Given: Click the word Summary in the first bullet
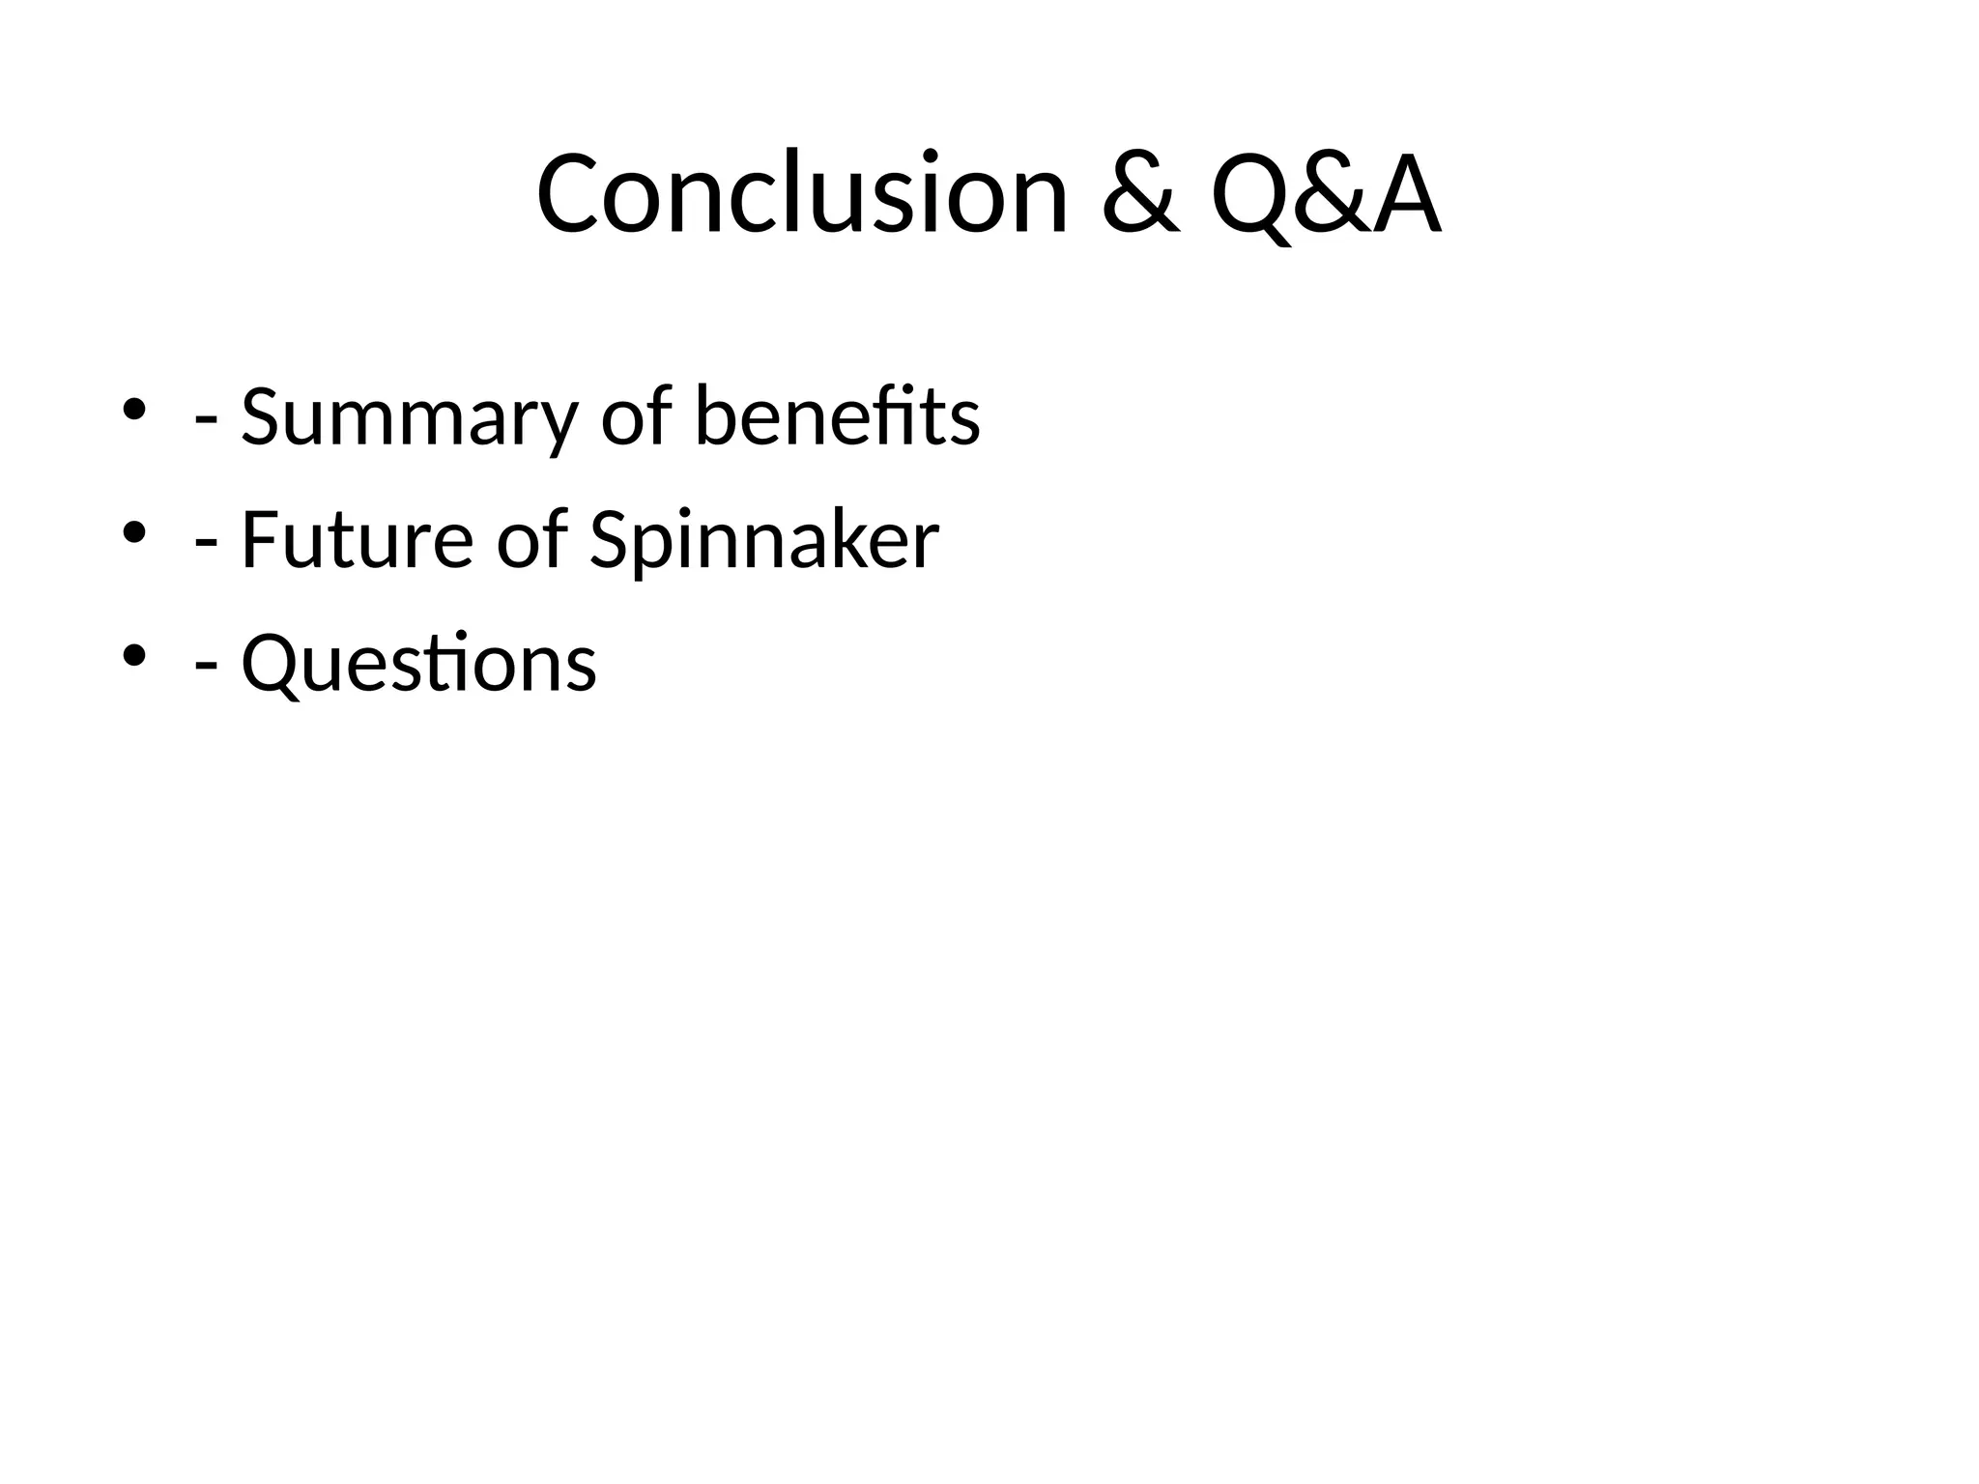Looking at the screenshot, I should pyautogui.click(x=408, y=417).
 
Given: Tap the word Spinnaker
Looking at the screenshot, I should pyautogui.click(x=763, y=541).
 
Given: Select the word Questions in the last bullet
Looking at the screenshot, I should pyautogui.click(x=418, y=663).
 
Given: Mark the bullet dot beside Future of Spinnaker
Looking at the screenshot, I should pyautogui.click(x=134, y=532).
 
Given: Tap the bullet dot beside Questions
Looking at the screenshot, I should pyautogui.click(x=134, y=656).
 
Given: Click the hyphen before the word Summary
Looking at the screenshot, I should pyautogui.click(x=205, y=421).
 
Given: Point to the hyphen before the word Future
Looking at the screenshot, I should pyautogui.click(x=205, y=545).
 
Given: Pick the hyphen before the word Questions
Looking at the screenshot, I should pyautogui.click(x=205, y=669).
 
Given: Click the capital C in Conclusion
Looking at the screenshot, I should pyautogui.click(x=569, y=193).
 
